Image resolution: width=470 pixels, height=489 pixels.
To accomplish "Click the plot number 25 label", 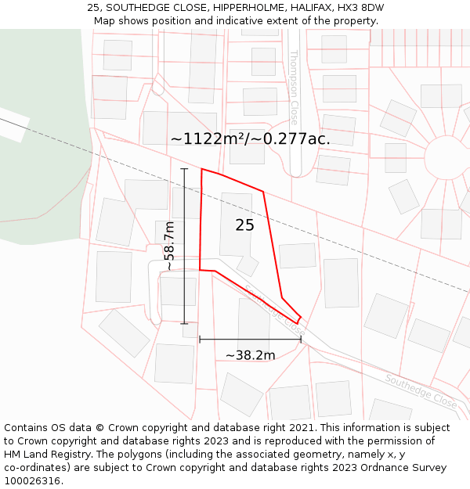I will pyautogui.click(x=244, y=225).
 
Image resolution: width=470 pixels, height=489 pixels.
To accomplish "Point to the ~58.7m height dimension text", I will pyautogui.click(x=168, y=246).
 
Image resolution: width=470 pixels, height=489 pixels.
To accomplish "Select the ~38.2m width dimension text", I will pyautogui.click(x=250, y=355).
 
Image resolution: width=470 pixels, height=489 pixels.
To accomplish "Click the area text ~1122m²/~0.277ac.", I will pyautogui.click(x=250, y=138).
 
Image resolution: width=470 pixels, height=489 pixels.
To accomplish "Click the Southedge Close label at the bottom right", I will pyautogui.click(x=421, y=390).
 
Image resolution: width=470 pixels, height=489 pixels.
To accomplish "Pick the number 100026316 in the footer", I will pyautogui.click(x=34, y=480).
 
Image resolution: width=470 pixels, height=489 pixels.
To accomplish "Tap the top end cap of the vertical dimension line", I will pyautogui.click(x=184, y=168).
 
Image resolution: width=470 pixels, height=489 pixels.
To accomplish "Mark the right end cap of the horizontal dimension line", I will pyautogui.click(x=301, y=340).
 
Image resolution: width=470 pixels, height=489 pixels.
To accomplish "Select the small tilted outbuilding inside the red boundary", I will pyautogui.click(x=248, y=265).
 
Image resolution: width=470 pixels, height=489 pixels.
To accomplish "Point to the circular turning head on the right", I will pyautogui.click(x=446, y=158).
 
